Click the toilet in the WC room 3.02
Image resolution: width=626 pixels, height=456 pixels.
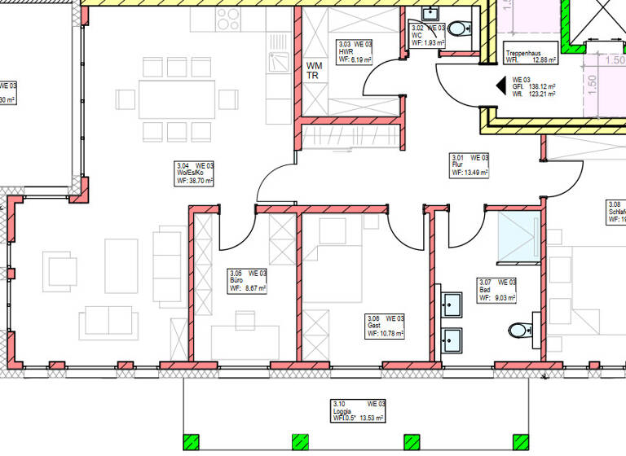tap(460, 29)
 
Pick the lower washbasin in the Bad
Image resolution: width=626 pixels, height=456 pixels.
tap(451, 338)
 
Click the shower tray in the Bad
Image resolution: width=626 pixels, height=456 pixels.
tap(516, 232)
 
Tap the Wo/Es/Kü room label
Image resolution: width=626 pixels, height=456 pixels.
tap(186, 172)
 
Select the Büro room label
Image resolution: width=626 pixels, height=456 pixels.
tap(236, 280)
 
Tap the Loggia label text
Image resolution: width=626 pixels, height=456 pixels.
tap(341, 410)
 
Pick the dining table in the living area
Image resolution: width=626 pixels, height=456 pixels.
tap(177, 99)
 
